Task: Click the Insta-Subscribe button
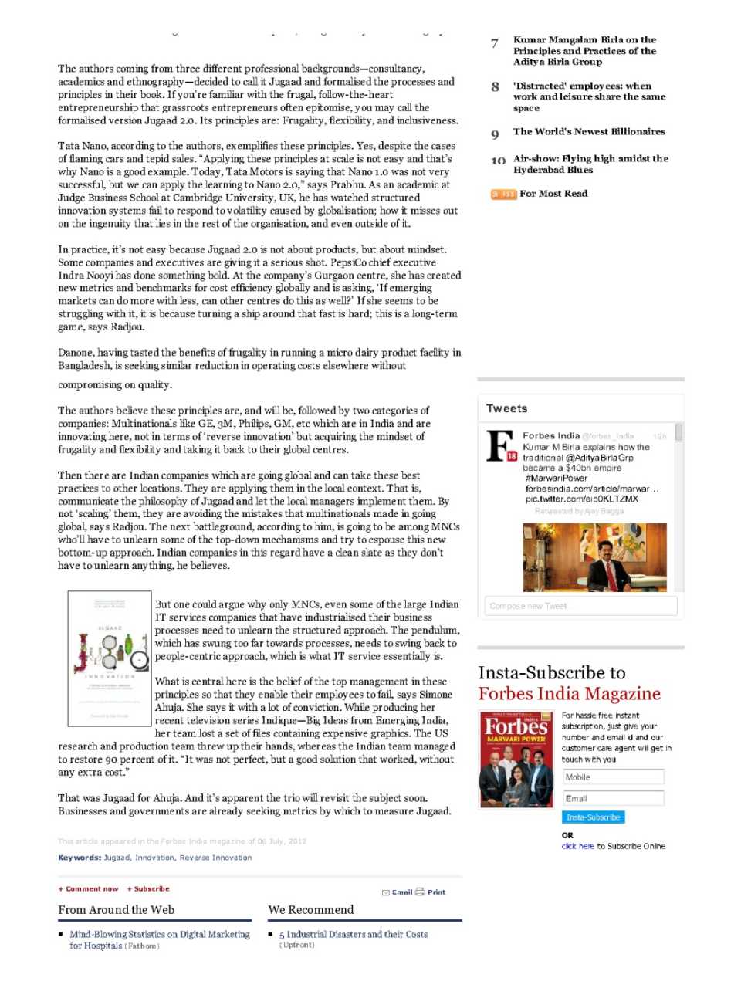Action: coord(593,817)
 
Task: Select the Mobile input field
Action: coord(612,777)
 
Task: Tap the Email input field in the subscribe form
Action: coord(612,798)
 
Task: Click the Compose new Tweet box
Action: coord(580,606)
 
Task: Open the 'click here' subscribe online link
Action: coord(577,846)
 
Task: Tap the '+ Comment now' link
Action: coord(89,889)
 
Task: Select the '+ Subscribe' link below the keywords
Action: coord(148,889)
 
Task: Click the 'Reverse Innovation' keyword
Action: coord(215,858)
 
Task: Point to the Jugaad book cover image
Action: coord(110,658)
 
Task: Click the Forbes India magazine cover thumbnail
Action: coord(516,760)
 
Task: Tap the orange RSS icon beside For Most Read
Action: coord(503,194)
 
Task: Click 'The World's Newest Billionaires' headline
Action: coord(588,132)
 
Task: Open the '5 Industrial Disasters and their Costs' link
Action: coord(353,934)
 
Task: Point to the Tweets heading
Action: coord(507,408)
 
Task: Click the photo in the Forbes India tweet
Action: coord(594,557)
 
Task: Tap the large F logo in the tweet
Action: coord(501,446)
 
